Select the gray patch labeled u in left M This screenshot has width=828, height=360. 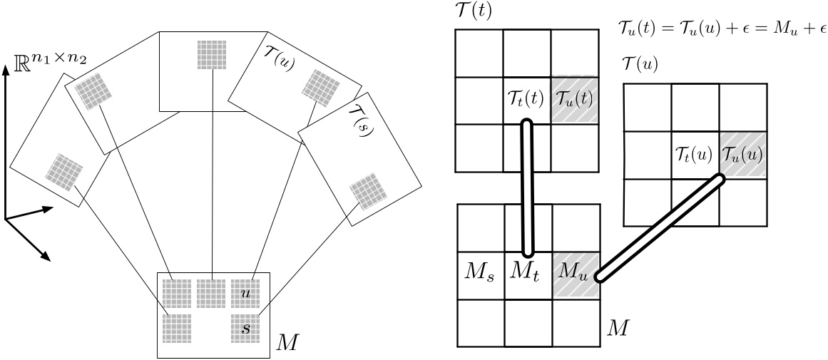tap(245, 292)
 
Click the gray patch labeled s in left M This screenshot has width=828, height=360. tap(245, 327)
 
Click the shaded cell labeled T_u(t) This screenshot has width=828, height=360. tap(574, 101)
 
